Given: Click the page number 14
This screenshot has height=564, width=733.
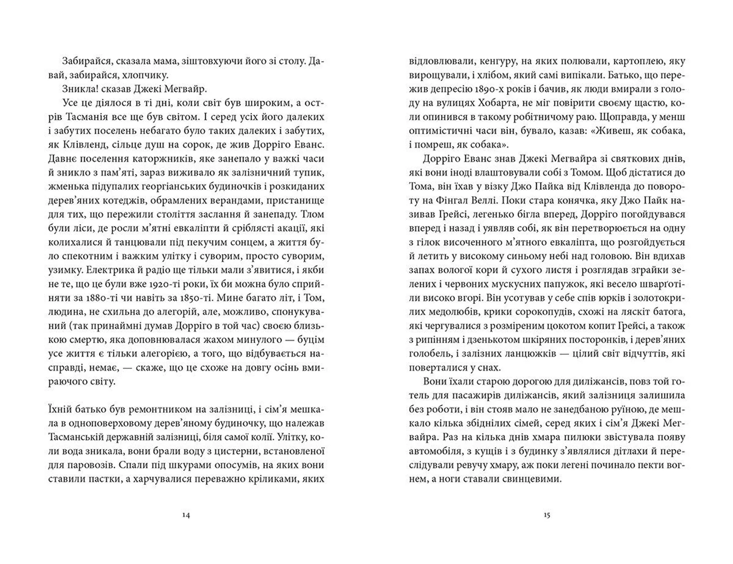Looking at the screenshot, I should coord(186,515).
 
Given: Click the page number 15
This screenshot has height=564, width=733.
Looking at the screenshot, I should coord(547,515).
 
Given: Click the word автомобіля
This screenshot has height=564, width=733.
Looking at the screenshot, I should coord(433,451).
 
